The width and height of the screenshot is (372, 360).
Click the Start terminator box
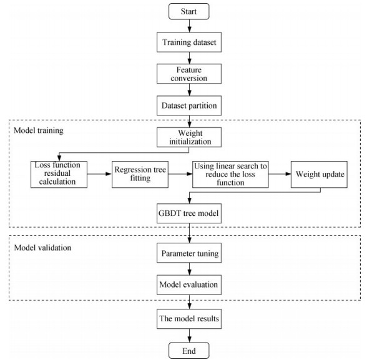click(x=189, y=11)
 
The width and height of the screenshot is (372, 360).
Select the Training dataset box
click(x=189, y=42)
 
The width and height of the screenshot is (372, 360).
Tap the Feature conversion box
click(x=189, y=74)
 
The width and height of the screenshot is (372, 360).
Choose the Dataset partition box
click(x=189, y=105)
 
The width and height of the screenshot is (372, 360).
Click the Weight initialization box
click(x=189, y=137)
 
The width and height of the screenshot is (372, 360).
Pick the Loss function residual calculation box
click(x=59, y=174)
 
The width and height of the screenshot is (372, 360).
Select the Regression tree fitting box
click(x=140, y=174)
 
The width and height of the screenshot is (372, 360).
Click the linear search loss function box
click(x=230, y=174)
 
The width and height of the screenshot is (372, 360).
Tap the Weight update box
click(x=320, y=174)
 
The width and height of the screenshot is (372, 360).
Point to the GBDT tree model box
click(x=189, y=213)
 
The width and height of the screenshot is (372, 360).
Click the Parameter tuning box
click(x=189, y=253)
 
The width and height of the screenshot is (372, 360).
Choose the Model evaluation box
click(x=189, y=285)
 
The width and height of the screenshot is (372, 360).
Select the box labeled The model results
click(x=189, y=319)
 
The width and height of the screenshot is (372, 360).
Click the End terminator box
click(x=189, y=351)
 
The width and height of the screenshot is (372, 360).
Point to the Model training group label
click(x=39, y=130)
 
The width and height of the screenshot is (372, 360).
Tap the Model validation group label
click(x=42, y=248)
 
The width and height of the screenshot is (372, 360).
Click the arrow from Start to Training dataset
click(x=189, y=26)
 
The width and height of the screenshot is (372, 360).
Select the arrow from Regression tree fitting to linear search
click(x=180, y=174)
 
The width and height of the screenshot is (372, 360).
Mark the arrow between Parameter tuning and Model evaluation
click(x=189, y=269)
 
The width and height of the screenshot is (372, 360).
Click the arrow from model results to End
click(x=189, y=336)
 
